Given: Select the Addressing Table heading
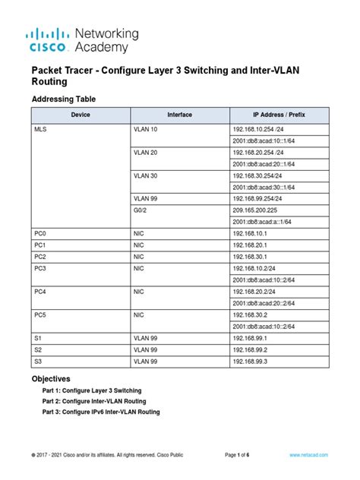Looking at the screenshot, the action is point(63,99).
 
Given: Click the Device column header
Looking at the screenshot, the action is point(80,115).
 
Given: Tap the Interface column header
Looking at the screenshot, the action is point(179,115).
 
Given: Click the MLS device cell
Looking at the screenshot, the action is point(41,130).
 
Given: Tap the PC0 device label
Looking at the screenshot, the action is point(41,235).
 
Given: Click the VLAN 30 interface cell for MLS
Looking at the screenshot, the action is point(147,175).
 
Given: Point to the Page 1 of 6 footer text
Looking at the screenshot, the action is point(242,454).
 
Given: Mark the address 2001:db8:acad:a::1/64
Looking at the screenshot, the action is point(262,222).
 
